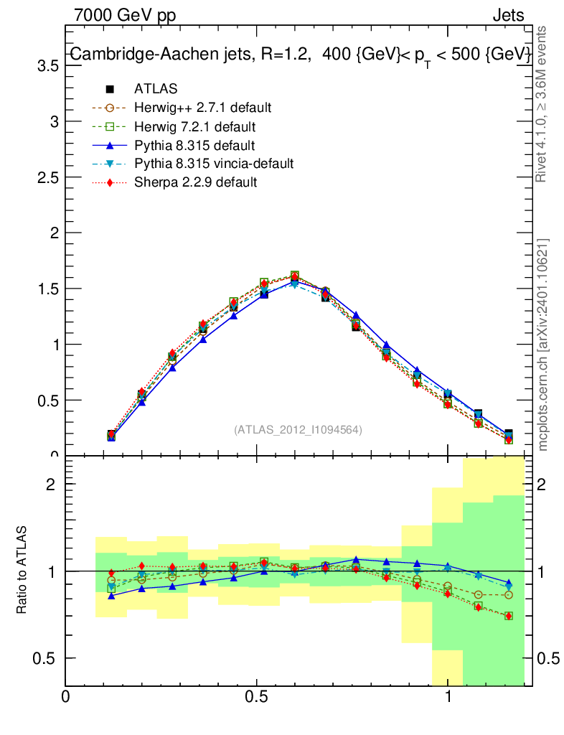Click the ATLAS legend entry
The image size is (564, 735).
coord(156,89)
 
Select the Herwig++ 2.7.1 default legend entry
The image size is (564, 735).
coord(202,108)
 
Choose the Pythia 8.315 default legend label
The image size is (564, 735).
coord(194,145)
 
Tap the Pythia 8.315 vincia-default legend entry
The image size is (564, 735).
coord(214,164)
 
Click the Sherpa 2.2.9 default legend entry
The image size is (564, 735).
coord(195,182)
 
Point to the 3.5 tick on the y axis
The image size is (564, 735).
coord(47,65)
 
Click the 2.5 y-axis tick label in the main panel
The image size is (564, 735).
coord(47,177)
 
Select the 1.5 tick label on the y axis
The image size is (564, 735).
coord(47,289)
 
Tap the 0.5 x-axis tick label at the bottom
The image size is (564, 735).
coord(257,697)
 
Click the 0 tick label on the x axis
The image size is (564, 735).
coord(66,697)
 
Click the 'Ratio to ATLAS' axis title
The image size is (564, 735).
coord(22,570)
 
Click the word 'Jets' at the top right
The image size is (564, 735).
coord(508,15)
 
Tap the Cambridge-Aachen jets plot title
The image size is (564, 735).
coord(300,55)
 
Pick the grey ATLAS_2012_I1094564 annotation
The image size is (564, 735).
coord(298,430)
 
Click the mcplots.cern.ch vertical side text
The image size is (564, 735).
coord(543,345)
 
